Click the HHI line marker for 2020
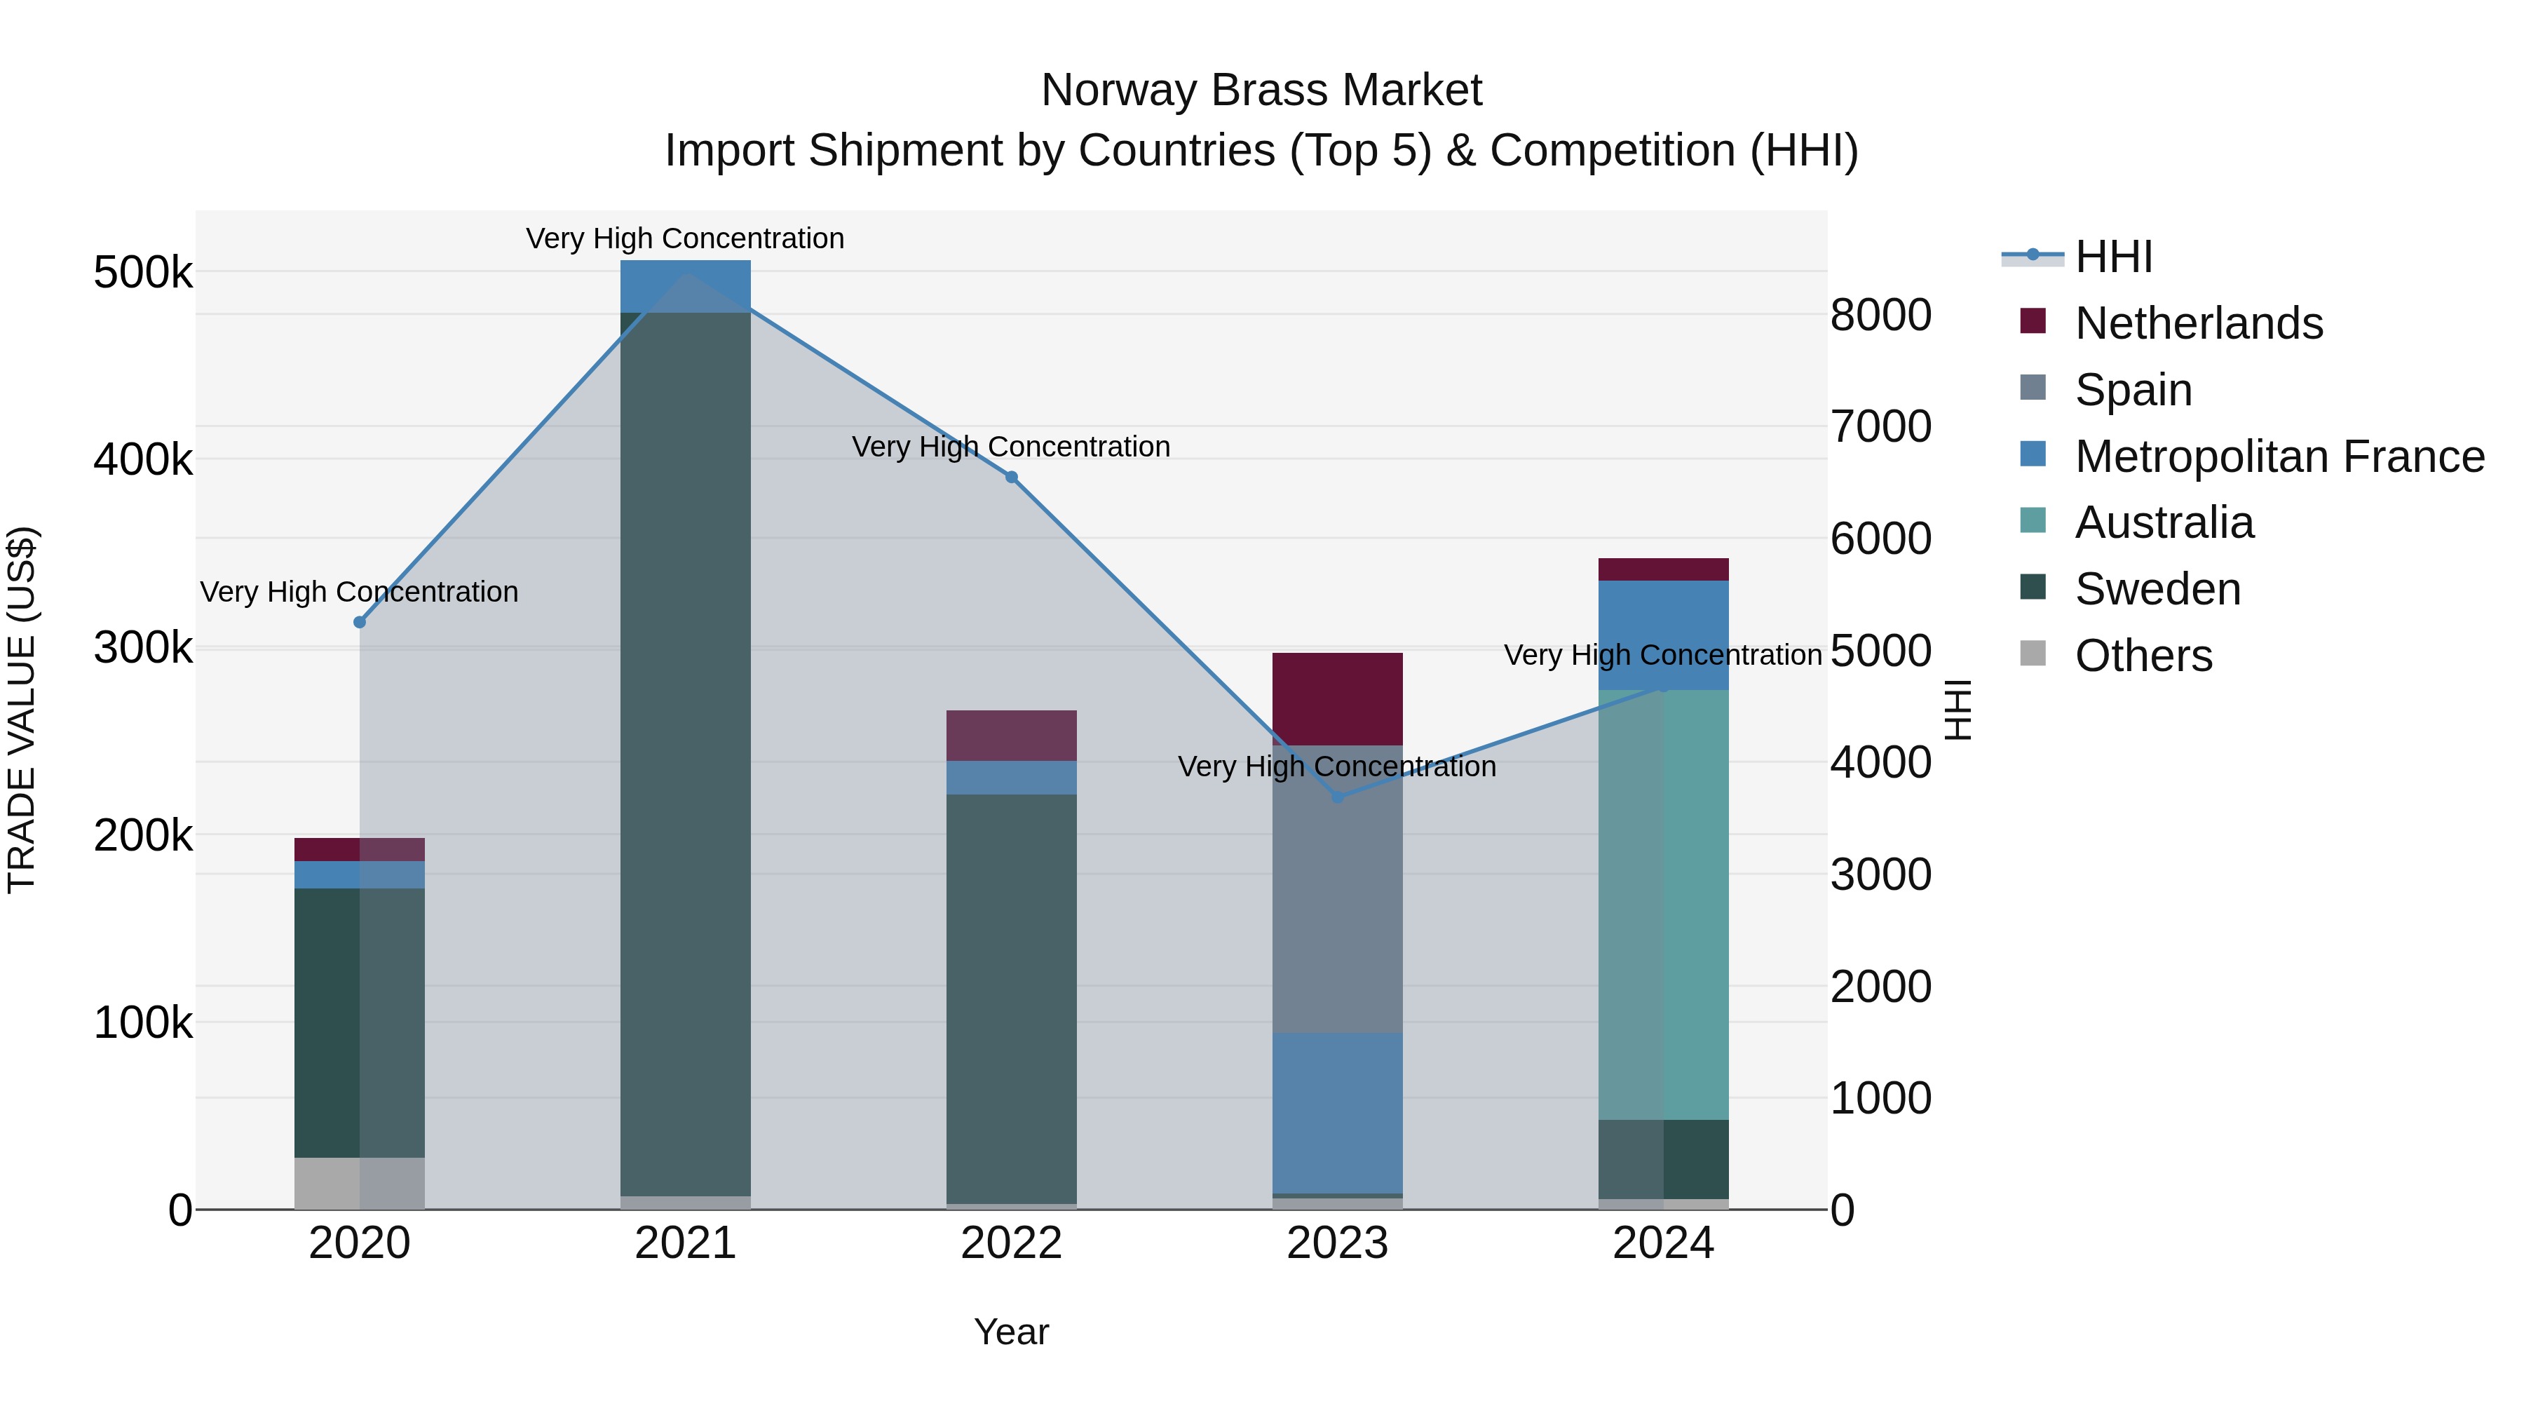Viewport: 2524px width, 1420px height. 360,622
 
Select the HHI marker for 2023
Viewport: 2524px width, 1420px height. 1338,797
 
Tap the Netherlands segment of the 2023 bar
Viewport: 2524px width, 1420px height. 1338,698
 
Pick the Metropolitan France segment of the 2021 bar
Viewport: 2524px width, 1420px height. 685,286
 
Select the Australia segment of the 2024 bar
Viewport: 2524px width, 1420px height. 1663,904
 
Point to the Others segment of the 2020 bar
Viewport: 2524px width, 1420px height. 360,1183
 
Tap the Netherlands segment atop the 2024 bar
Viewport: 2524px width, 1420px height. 1663,569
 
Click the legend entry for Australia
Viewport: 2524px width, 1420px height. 2164,522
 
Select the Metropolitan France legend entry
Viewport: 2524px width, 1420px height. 2279,457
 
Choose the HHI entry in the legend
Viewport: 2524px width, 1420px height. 2113,257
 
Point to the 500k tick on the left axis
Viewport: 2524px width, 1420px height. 143,273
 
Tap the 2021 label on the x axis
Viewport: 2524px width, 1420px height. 685,1243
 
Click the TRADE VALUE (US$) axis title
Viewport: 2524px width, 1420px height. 22,710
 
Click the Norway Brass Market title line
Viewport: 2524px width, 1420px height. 1261,90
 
